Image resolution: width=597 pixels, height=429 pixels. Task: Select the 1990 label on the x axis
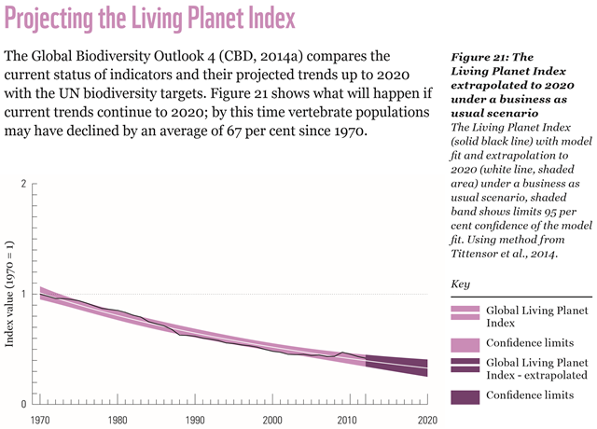coord(196,420)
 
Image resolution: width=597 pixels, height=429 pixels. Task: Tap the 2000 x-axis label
coord(273,420)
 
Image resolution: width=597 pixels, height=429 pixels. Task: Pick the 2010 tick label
coord(351,420)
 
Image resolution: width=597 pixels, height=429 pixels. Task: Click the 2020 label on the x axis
coord(427,420)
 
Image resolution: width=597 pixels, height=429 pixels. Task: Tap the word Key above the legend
coord(461,283)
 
